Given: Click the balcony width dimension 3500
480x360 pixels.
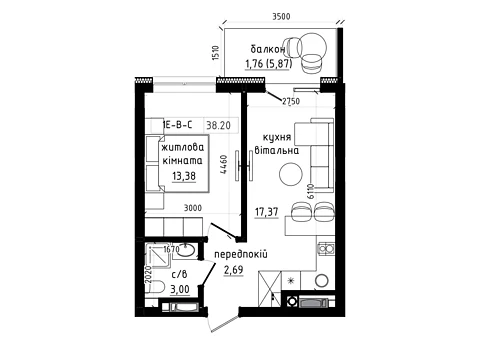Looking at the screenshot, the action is (281, 16).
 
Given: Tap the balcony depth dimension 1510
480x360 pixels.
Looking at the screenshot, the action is (216, 53).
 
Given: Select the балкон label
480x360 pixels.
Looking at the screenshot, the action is (268, 49).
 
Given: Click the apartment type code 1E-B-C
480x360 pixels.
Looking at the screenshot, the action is (177, 125).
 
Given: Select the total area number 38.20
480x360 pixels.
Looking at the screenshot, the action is (218, 125).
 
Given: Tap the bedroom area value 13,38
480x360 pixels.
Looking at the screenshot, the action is (184, 176).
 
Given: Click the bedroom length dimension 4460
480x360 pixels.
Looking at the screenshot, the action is (224, 164).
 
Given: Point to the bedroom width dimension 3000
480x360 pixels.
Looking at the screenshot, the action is (193, 208).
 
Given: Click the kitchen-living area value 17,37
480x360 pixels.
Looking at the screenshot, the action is (267, 212).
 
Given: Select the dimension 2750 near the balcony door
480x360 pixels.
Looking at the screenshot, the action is (291, 101).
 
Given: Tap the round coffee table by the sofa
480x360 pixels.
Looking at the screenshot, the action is (291, 174).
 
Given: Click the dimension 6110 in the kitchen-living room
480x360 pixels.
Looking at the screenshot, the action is (311, 191).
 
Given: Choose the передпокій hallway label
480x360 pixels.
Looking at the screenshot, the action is (241, 255).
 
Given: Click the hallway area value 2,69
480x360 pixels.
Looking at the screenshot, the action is (233, 270).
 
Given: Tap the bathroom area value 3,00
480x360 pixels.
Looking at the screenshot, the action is (180, 289).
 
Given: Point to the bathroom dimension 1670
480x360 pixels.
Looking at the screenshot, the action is (172, 249).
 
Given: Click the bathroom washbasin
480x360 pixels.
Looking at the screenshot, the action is (186, 250).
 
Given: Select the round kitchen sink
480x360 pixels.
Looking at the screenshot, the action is (322, 281).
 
